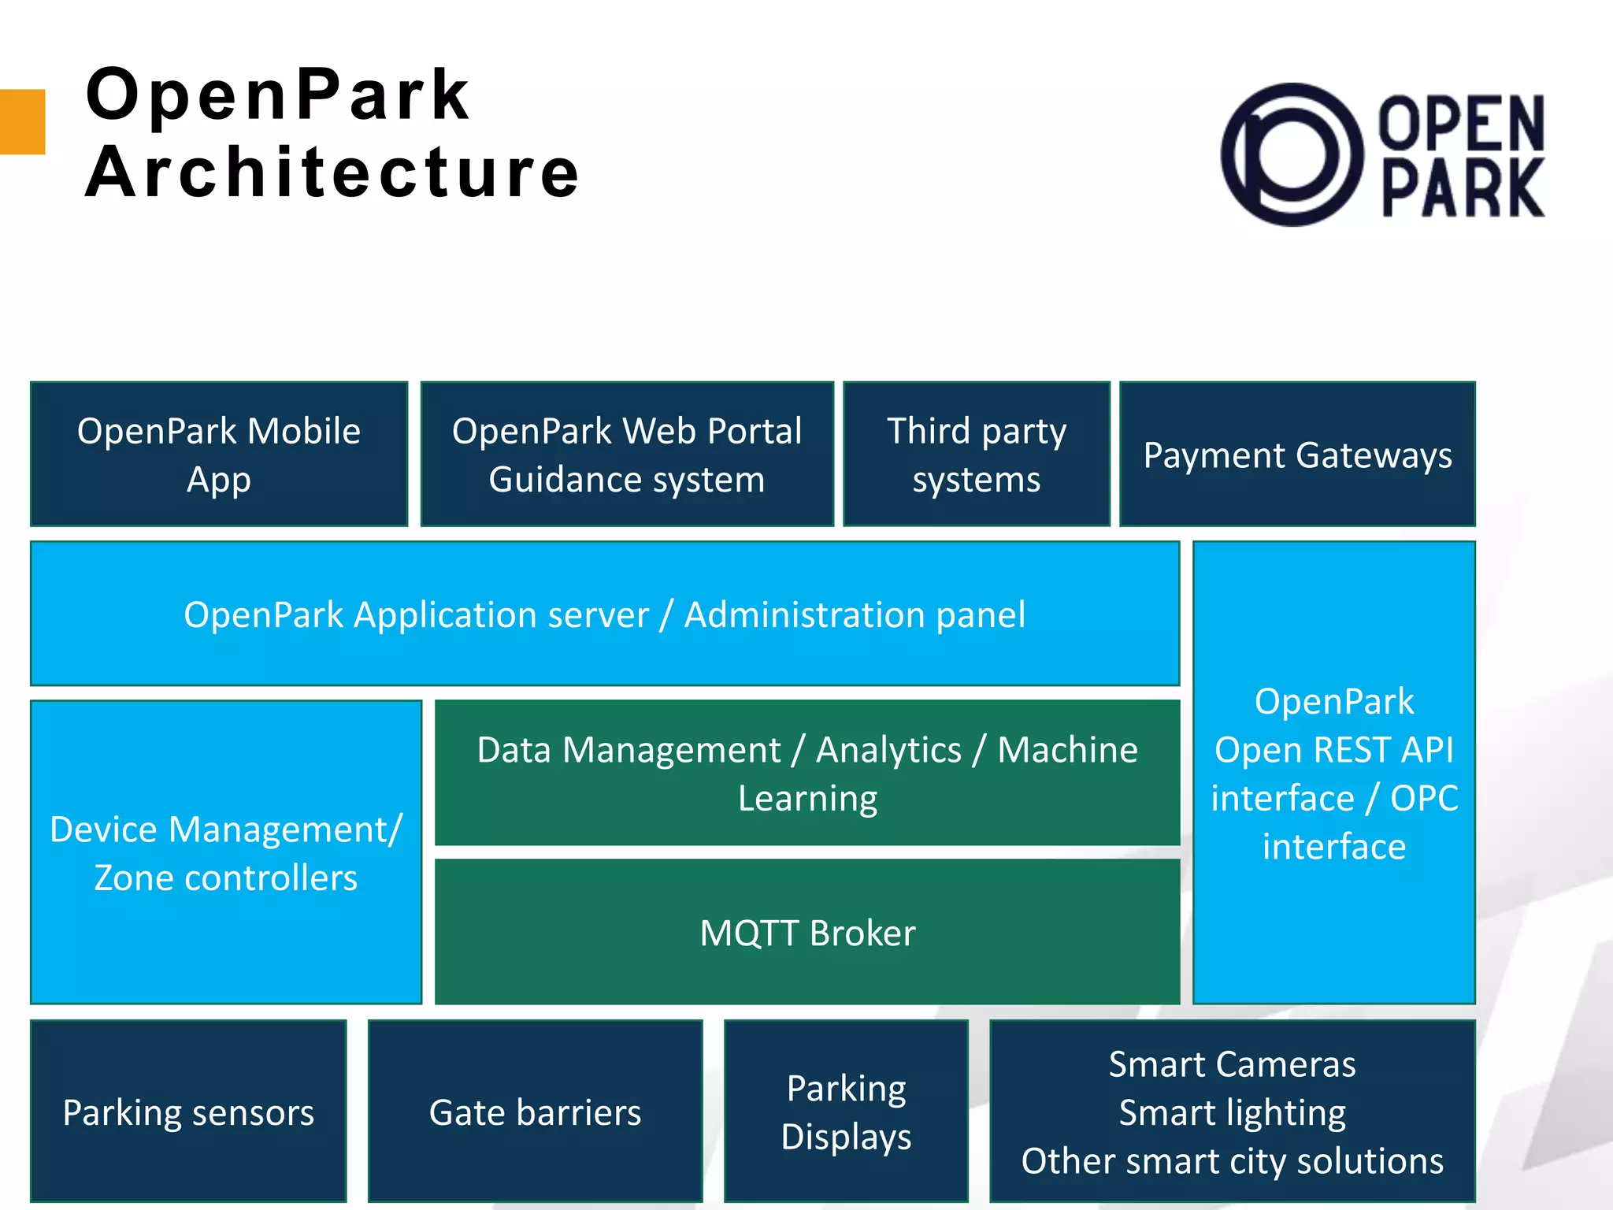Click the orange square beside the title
pyautogui.click(x=21, y=122)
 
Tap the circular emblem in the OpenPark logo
pyautogui.click(x=1292, y=154)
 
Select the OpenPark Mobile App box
pyautogui.click(x=219, y=455)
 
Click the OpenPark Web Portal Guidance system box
pyautogui.click(x=627, y=455)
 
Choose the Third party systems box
pyautogui.click(x=977, y=455)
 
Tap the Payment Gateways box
pyautogui.click(x=1297, y=455)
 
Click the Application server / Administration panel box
pyautogui.click(x=605, y=614)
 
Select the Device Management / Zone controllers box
pyautogui.click(x=226, y=852)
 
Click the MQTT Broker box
pyautogui.click(x=807, y=933)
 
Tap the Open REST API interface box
pyautogui.click(x=1333, y=773)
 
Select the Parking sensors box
pyautogui.click(x=188, y=1112)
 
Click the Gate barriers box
pyautogui.click(x=535, y=1112)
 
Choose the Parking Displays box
pyautogui.click(x=846, y=1112)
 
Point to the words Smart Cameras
pyautogui.click(x=1232, y=1064)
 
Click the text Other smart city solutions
pyautogui.click(x=1232, y=1161)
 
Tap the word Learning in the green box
pyautogui.click(x=807, y=799)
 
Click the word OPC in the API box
pyautogui.click(x=1424, y=798)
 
